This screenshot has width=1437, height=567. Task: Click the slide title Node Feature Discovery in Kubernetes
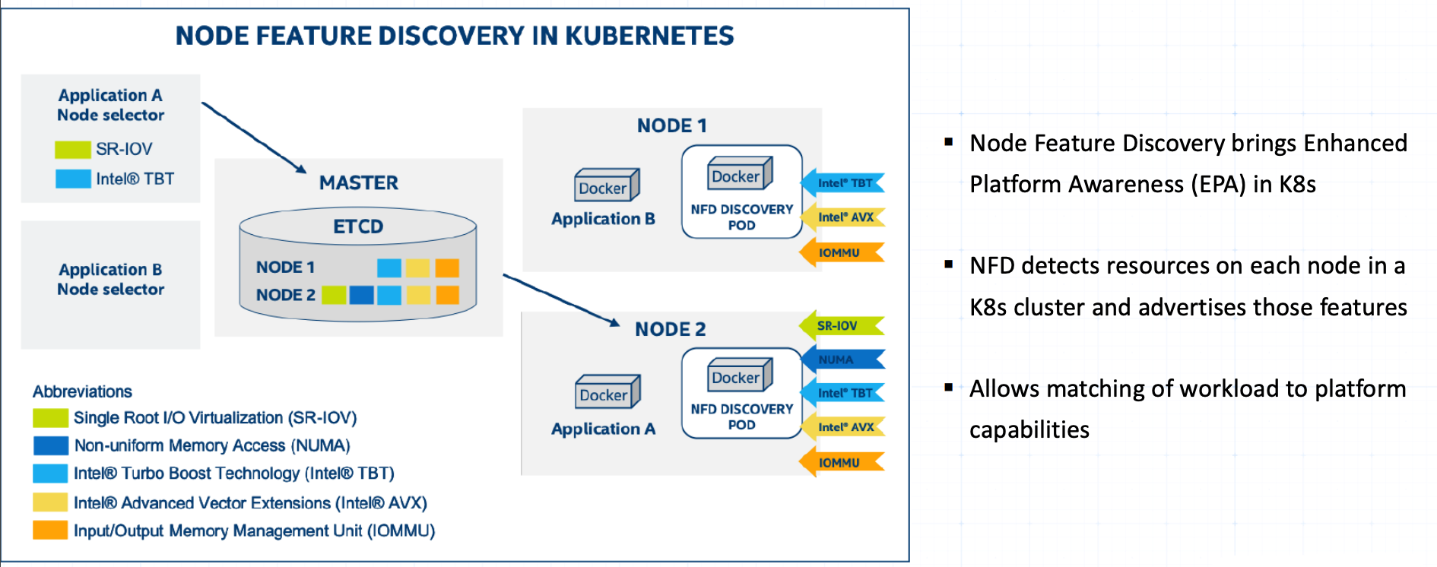click(455, 36)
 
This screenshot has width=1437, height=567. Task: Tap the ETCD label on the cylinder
click(358, 226)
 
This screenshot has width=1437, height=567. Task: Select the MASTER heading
click(358, 182)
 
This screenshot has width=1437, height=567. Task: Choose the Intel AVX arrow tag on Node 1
click(843, 217)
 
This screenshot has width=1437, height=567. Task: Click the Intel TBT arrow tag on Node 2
click(843, 393)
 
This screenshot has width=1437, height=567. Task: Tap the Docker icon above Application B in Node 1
click(606, 185)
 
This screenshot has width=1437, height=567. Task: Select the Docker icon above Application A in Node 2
click(607, 392)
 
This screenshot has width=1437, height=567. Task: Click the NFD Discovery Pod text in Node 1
click(741, 217)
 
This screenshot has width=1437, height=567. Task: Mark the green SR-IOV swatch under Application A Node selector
click(72, 149)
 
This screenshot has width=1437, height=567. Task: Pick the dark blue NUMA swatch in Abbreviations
click(51, 445)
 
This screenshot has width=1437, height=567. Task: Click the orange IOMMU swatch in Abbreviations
click(50, 531)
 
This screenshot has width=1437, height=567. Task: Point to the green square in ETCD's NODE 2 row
click(334, 295)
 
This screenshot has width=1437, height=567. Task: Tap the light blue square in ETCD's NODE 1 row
click(389, 268)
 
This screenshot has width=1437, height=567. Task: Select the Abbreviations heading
click(82, 391)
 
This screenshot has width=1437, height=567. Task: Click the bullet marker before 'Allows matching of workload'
click(948, 387)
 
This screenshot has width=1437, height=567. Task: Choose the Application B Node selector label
click(111, 279)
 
